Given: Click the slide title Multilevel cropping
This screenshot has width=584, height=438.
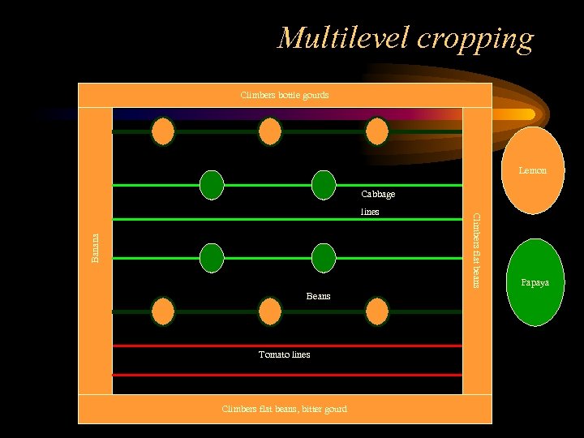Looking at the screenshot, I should (406, 38).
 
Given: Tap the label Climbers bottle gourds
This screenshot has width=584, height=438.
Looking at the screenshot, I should (285, 95).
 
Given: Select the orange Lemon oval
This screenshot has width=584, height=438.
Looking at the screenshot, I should (532, 170).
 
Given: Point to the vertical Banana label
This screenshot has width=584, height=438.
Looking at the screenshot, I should (95, 247).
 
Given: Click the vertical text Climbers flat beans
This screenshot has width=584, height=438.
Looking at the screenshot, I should (476, 250).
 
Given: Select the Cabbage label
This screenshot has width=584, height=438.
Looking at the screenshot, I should (378, 195).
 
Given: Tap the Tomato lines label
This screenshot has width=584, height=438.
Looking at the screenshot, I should (284, 354).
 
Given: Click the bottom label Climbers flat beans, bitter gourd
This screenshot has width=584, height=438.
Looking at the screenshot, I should (285, 409).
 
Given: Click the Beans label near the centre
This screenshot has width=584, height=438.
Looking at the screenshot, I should (318, 296).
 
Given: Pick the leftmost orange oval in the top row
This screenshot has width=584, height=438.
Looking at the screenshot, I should (163, 131).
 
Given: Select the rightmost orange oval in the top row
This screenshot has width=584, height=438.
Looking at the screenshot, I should (376, 131).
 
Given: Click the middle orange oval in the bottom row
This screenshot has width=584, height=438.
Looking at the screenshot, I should (270, 311).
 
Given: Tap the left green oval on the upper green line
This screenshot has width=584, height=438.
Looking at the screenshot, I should (212, 185).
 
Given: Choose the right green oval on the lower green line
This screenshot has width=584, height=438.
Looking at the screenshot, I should (324, 258).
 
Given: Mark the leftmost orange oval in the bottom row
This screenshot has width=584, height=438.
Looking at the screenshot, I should (163, 311).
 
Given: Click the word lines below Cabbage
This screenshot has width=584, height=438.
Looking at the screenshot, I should (370, 212).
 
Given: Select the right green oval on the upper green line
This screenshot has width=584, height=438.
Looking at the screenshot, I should (324, 185).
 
